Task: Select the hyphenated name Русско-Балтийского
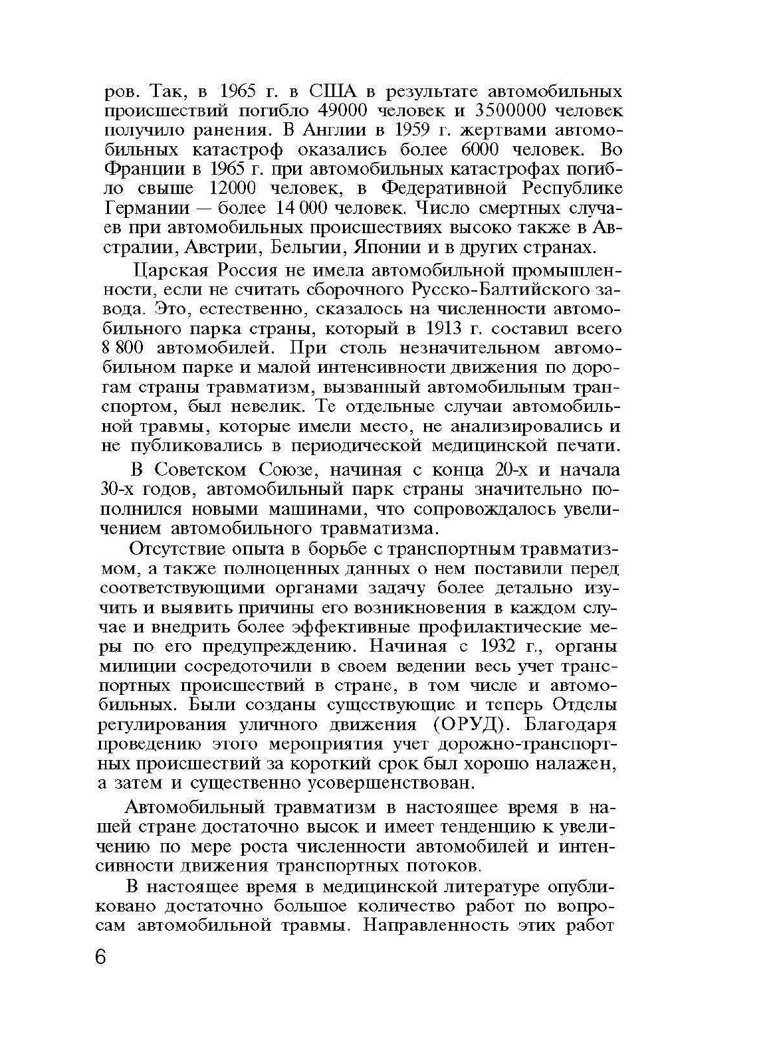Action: pos(502,290)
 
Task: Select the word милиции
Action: pos(136,666)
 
